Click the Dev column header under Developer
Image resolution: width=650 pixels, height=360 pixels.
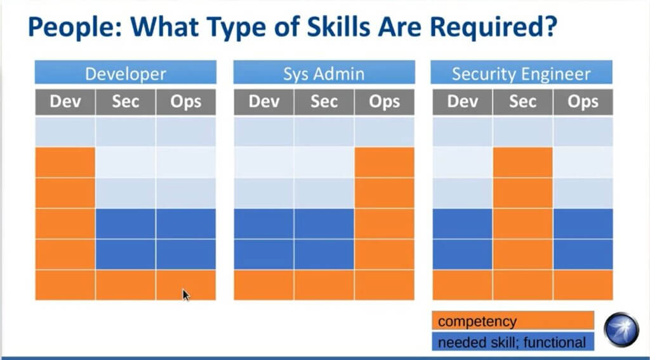(x=65, y=102)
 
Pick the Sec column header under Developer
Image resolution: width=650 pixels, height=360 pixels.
(x=126, y=102)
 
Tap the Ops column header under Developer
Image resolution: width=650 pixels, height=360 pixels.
(x=186, y=102)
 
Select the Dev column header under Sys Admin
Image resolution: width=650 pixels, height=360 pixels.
(x=263, y=102)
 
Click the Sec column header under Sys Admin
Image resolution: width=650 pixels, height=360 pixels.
(x=324, y=102)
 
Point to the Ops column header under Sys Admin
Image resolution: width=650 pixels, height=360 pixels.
(x=385, y=102)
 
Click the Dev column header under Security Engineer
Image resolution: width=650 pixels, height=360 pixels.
(x=463, y=102)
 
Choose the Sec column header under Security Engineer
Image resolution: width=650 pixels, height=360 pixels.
(x=523, y=102)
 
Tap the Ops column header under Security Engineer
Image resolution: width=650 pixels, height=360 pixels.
(x=583, y=102)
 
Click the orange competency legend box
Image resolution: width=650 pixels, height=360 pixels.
(x=513, y=321)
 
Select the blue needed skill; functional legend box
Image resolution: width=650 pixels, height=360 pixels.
(x=513, y=342)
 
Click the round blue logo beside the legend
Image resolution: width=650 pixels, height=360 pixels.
(x=621, y=330)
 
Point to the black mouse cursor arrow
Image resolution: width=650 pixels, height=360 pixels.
(x=186, y=295)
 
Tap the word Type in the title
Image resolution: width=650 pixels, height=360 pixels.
(x=235, y=27)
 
